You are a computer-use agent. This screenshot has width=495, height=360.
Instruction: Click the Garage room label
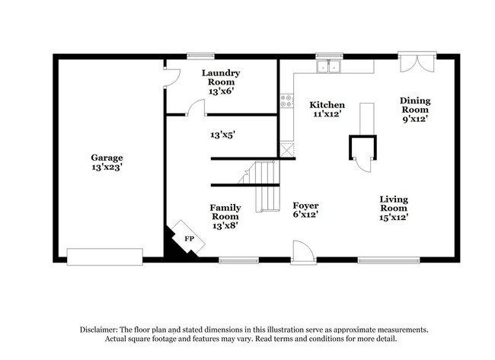107,162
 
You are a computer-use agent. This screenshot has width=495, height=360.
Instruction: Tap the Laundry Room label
221,81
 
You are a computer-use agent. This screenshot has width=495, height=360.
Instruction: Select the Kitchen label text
327,110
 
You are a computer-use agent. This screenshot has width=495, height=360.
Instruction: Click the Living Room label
394,208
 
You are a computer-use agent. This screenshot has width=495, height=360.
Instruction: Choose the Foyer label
305,210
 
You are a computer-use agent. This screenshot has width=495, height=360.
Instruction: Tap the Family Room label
225,215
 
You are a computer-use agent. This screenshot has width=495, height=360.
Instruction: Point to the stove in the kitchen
286,101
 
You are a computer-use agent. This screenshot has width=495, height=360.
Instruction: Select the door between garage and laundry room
171,77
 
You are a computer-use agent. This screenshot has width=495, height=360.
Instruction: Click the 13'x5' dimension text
222,135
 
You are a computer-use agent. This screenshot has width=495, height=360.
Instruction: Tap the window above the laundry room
201,55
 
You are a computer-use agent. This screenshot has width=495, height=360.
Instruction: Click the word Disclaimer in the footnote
101,330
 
